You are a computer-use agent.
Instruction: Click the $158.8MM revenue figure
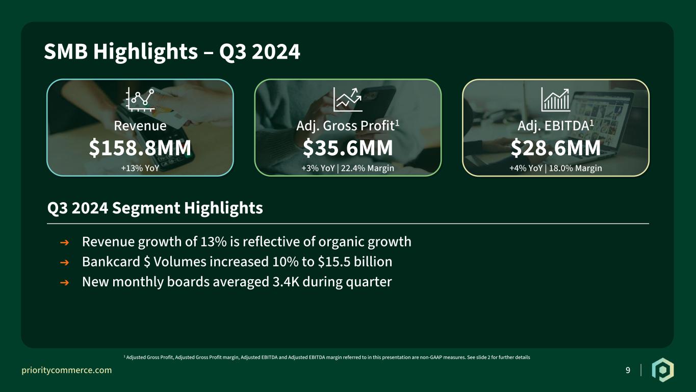click(140, 148)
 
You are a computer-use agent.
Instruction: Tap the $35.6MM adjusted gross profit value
click(348, 148)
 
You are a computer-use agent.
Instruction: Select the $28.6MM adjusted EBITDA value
click(556, 148)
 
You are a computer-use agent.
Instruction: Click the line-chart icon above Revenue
click(140, 99)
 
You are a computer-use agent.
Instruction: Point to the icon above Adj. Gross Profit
click(348, 99)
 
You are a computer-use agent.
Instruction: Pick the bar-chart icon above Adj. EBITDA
click(556, 99)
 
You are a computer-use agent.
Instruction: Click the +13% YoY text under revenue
click(140, 168)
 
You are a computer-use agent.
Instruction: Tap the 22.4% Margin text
click(367, 168)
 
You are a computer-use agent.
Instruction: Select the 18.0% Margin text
click(576, 168)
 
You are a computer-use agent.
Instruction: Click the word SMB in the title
click(66, 52)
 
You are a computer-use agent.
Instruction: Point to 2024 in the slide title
click(276, 52)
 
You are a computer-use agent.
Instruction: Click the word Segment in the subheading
click(146, 208)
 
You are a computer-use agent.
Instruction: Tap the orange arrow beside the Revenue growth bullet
click(64, 242)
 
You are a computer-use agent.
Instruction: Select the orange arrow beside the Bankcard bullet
click(64, 262)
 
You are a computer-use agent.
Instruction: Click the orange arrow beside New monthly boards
click(64, 283)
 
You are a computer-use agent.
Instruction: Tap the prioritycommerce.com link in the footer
click(66, 370)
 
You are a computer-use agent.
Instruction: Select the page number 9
click(628, 370)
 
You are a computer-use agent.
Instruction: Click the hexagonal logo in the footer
click(663, 370)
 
